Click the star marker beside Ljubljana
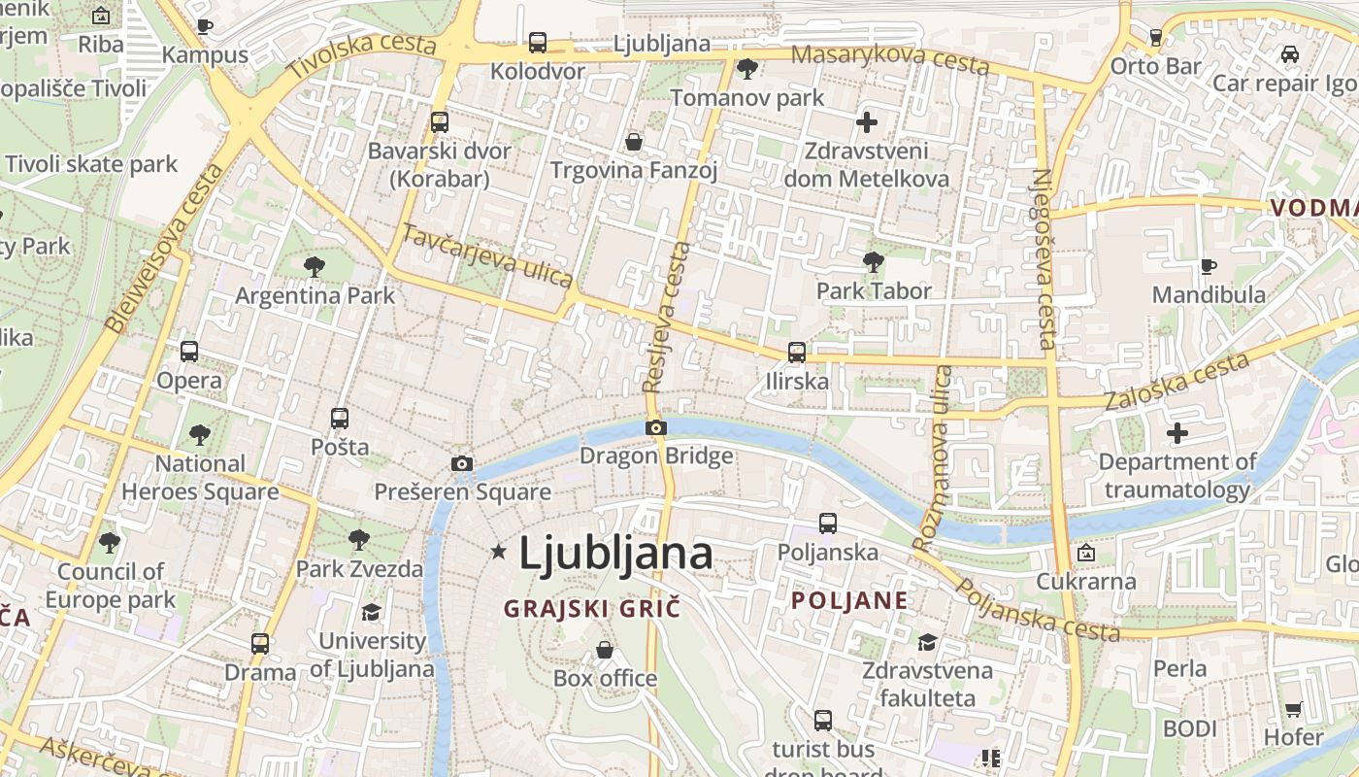(x=499, y=552)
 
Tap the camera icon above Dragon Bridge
(x=656, y=427)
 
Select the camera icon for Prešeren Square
(x=462, y=463)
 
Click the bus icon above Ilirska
(x=797, y=352)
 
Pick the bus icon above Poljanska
(x=828, y=524)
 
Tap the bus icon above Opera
(x=189, y=352)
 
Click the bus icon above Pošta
(x=340, y=419)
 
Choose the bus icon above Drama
(x=260, y=643)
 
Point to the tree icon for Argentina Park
(x=314, y=266)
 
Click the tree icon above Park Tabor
(x=873, y=261)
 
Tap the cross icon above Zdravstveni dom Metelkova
(x=867, y=122)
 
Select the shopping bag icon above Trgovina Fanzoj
(x=634, y=143)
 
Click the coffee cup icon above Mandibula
(x=1208, y=265)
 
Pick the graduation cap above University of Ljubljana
(x=371, y=612)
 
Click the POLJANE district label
(x=849, y=600)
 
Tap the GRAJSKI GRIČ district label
(x=592, y=609)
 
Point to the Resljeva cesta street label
(x=668, y=317)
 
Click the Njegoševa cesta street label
(x=1044, y=258)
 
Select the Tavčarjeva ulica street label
(x=486, y=255)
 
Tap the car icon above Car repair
(x=1289, y=54)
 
